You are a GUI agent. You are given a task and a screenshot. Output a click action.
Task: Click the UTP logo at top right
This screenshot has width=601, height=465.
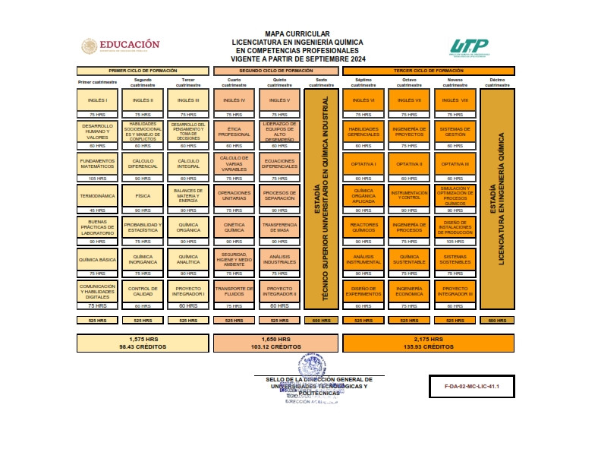pos(468,48)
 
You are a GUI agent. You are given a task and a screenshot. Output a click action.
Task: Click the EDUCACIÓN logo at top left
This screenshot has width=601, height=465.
pos(121,46)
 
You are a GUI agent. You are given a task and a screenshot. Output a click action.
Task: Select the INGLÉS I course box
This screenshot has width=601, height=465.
pos(97,100)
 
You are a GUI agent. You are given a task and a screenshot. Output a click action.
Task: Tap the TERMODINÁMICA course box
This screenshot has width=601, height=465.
pos(97,195)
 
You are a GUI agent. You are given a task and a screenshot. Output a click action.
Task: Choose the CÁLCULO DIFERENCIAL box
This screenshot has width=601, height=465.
pos(143,163)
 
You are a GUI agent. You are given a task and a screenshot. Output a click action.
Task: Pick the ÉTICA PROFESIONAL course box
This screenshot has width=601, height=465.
pos(234,131)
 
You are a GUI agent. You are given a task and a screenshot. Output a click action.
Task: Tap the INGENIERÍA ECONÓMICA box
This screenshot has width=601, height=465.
pos(409,291)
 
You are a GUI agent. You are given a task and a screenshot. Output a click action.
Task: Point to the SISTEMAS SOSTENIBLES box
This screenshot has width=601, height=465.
pos(455,259)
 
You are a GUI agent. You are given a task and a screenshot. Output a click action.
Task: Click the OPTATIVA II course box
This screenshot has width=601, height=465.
pos(409,163)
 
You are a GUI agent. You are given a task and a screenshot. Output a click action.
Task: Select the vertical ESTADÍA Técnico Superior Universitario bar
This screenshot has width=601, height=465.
pos(321,199)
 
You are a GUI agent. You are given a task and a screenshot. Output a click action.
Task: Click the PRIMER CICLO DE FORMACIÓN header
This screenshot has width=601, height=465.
pos(143,70)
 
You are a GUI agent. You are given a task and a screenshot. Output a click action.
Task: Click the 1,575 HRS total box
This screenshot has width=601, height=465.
pos(143,343)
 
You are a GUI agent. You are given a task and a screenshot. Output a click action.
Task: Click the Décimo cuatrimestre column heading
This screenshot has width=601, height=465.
pos(497,83)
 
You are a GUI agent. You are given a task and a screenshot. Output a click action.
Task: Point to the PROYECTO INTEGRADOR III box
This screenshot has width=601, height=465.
pos(455,291)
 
